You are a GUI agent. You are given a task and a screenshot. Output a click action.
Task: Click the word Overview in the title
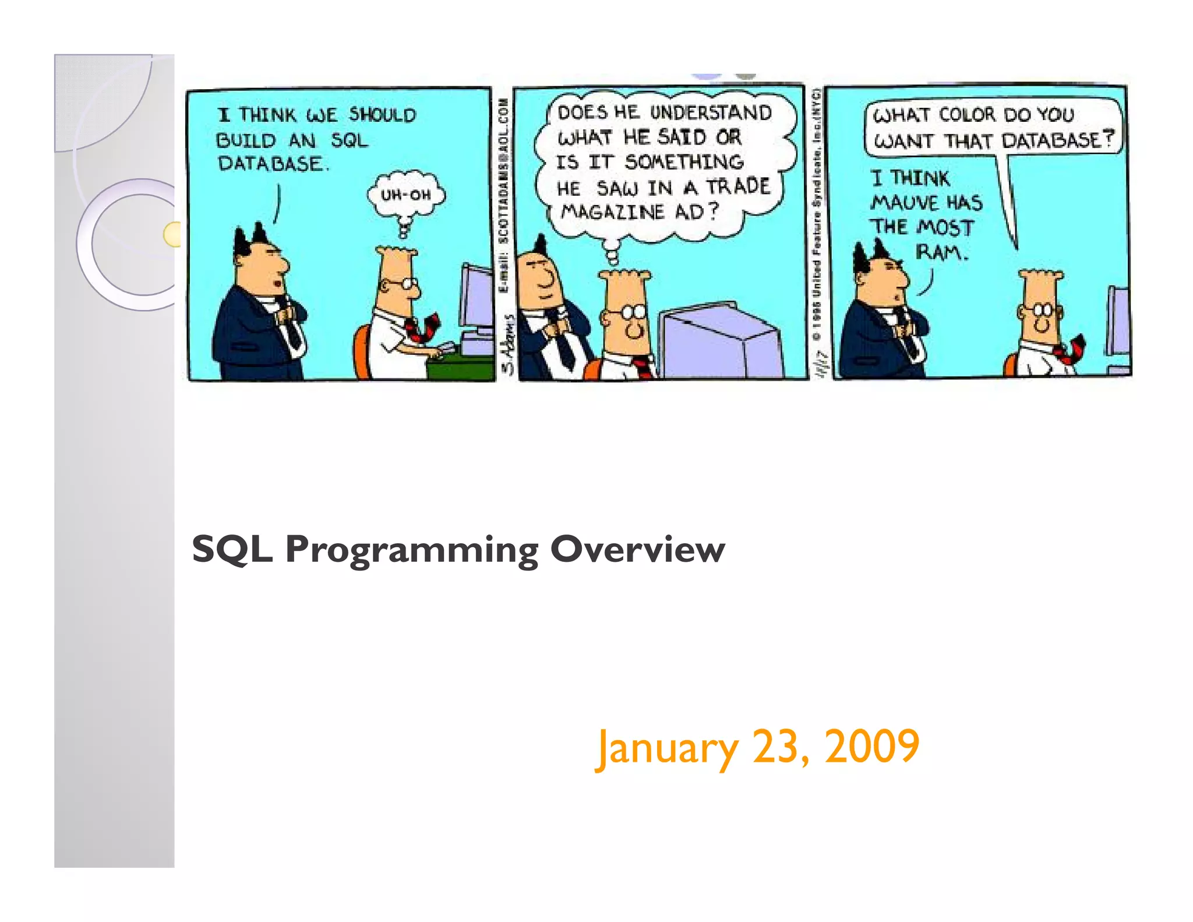(637, 549)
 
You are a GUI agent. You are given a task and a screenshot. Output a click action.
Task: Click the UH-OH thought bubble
(405, 195)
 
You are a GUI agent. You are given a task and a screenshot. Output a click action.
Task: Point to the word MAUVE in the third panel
(905, 203)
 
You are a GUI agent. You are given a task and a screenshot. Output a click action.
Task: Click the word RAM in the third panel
(940, 252)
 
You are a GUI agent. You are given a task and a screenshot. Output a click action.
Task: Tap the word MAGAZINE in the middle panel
(612, 212)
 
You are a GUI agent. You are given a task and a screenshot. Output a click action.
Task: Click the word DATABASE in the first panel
(270, 164)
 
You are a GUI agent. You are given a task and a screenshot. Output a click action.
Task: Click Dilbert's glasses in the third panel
(1042, 310)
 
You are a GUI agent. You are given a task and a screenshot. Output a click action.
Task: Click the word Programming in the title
(412, 550)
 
